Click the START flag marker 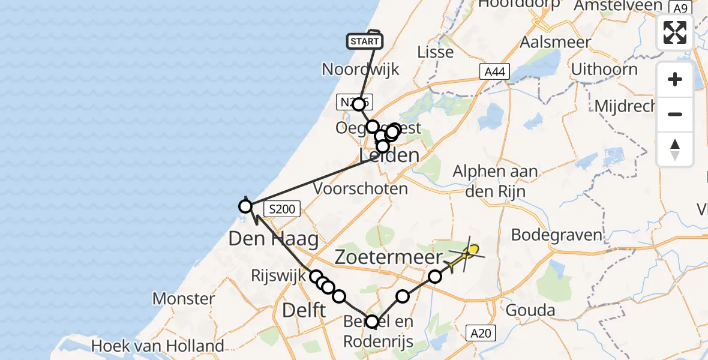pyautogui.click(x=364, y=41)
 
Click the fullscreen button pyautogui.click(x=675, y=32)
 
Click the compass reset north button pyautogui.click(x=675, y=149)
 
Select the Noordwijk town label pyautogui.click(x=361, y=69)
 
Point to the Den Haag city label pyautogui.click(x=273, y=239)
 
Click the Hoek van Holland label pyautogui.click(x=158, y=346)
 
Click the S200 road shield pyautogui.click(x=281, y=209)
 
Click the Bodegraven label pyautogui.click(x=556, y=234)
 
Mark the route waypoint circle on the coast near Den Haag pyautogui.click(x=245, y=207)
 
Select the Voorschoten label pyautogui.click(x=361, y=188)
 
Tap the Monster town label pyautogui.click(x=184, y=298)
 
